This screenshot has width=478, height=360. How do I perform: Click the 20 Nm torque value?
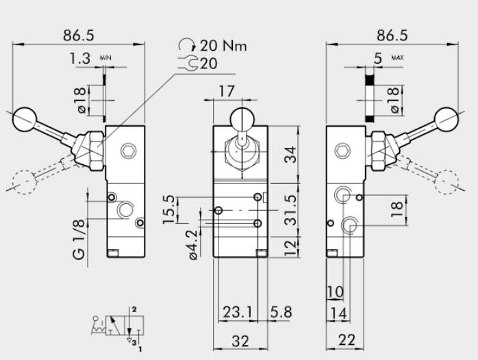tap(223, 47)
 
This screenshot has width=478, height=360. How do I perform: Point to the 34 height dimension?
tap(292, 155)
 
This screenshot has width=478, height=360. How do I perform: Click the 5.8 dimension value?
tap(281, 312)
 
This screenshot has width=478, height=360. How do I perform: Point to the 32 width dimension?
tap(240, 341)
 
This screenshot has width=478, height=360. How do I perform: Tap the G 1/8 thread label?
tap(80, 240)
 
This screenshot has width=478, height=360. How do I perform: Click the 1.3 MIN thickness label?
tap(81, 60)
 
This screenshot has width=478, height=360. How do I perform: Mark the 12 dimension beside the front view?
tap(292, 246)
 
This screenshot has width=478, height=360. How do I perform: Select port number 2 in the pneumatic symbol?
tap(134, 310)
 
